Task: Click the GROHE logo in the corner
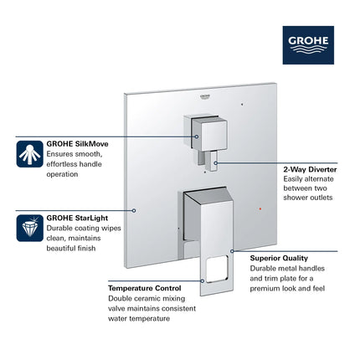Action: click(308, 43)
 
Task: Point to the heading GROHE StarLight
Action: click(77, 217)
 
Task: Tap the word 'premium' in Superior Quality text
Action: click(267, 289)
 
